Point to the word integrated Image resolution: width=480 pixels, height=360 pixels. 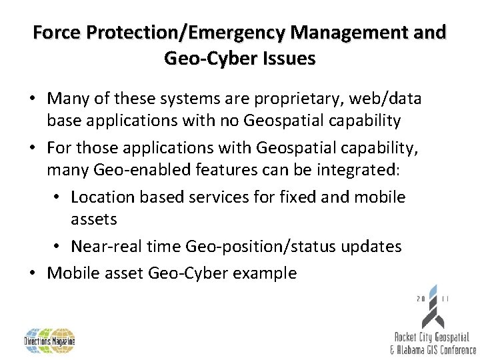coord(355,170)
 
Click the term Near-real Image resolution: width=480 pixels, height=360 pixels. coord(102,247)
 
